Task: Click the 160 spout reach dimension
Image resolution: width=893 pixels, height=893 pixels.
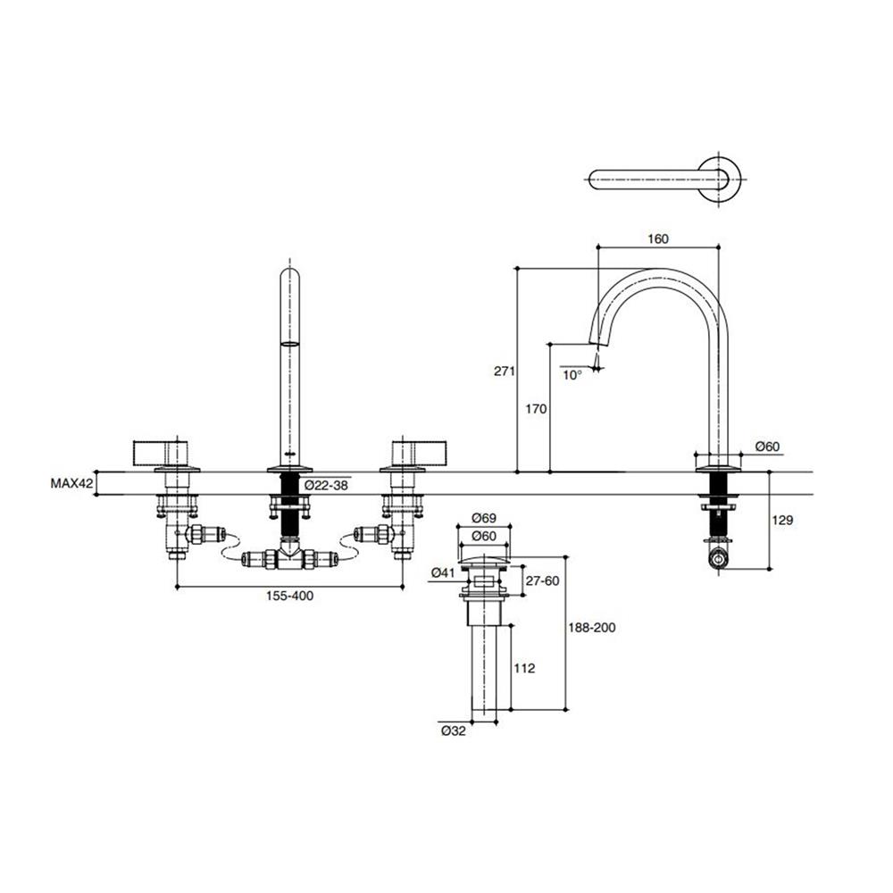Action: (658, 238)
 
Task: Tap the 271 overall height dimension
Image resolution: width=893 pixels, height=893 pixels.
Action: (504, 371)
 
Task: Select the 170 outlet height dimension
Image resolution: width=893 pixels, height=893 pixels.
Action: (536, 409)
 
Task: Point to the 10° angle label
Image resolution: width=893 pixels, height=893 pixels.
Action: (572, 375)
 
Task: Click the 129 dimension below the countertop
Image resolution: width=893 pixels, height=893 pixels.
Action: (782, 520)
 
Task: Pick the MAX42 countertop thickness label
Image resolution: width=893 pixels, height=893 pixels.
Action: (71, 484)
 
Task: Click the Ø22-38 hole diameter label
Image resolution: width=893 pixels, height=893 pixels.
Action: (326, 486)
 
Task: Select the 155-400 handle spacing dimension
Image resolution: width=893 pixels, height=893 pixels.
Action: (290, 596)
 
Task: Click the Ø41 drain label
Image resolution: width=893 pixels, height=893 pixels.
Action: (444, 573)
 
